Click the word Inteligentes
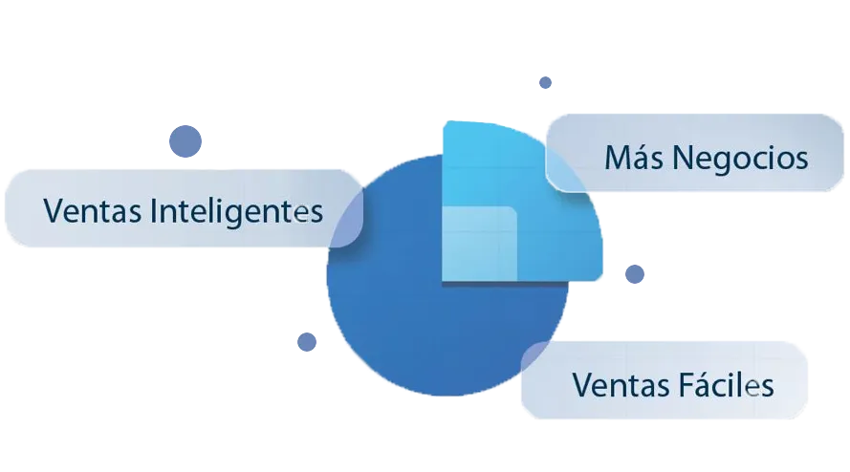point(237,210)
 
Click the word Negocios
point(741,159)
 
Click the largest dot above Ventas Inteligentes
point(185,142)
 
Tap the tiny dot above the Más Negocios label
point(545,83)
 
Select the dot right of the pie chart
point(634,274)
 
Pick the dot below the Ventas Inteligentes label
point(307,341)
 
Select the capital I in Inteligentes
point(156,209)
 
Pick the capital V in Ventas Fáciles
point(581,385)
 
